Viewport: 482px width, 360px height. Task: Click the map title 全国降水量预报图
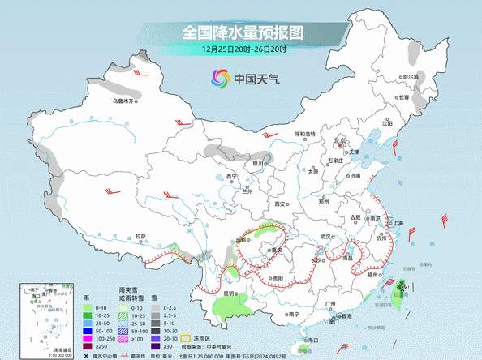click(241, 32)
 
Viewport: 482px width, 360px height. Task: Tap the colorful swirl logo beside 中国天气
click(220, 79)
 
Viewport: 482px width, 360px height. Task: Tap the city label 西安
click(282, 204)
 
